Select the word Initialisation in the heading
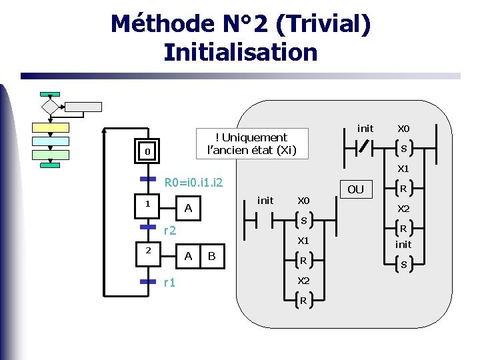[x=240, y=52]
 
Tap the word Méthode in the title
[x=157, y=24]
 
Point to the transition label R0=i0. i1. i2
[x=193, y=182]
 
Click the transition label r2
[x=170, y=231]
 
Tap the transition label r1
[x=169, y=282]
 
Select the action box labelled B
[x=211, y=256]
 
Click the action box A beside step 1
[x=189, y=209]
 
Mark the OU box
[x=355, y=189]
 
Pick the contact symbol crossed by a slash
[x=364, y=147]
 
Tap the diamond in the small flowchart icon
[x=50, y=106]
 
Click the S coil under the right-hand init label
[x=403, y=265]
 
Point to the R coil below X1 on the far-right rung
[x=403, y=188]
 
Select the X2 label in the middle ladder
[x=303, y=280]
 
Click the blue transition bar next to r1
[x=147, y=282]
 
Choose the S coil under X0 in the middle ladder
[x=303, y=221]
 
